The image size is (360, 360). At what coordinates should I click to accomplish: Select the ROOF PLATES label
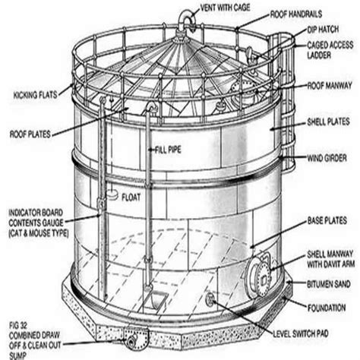tap(31, 134)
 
